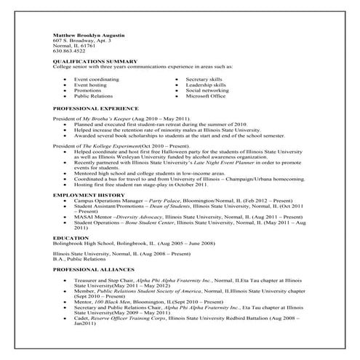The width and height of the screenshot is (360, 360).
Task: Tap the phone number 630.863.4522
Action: [x=69, y=51]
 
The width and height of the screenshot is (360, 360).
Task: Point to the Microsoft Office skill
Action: [x=206, y=95]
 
